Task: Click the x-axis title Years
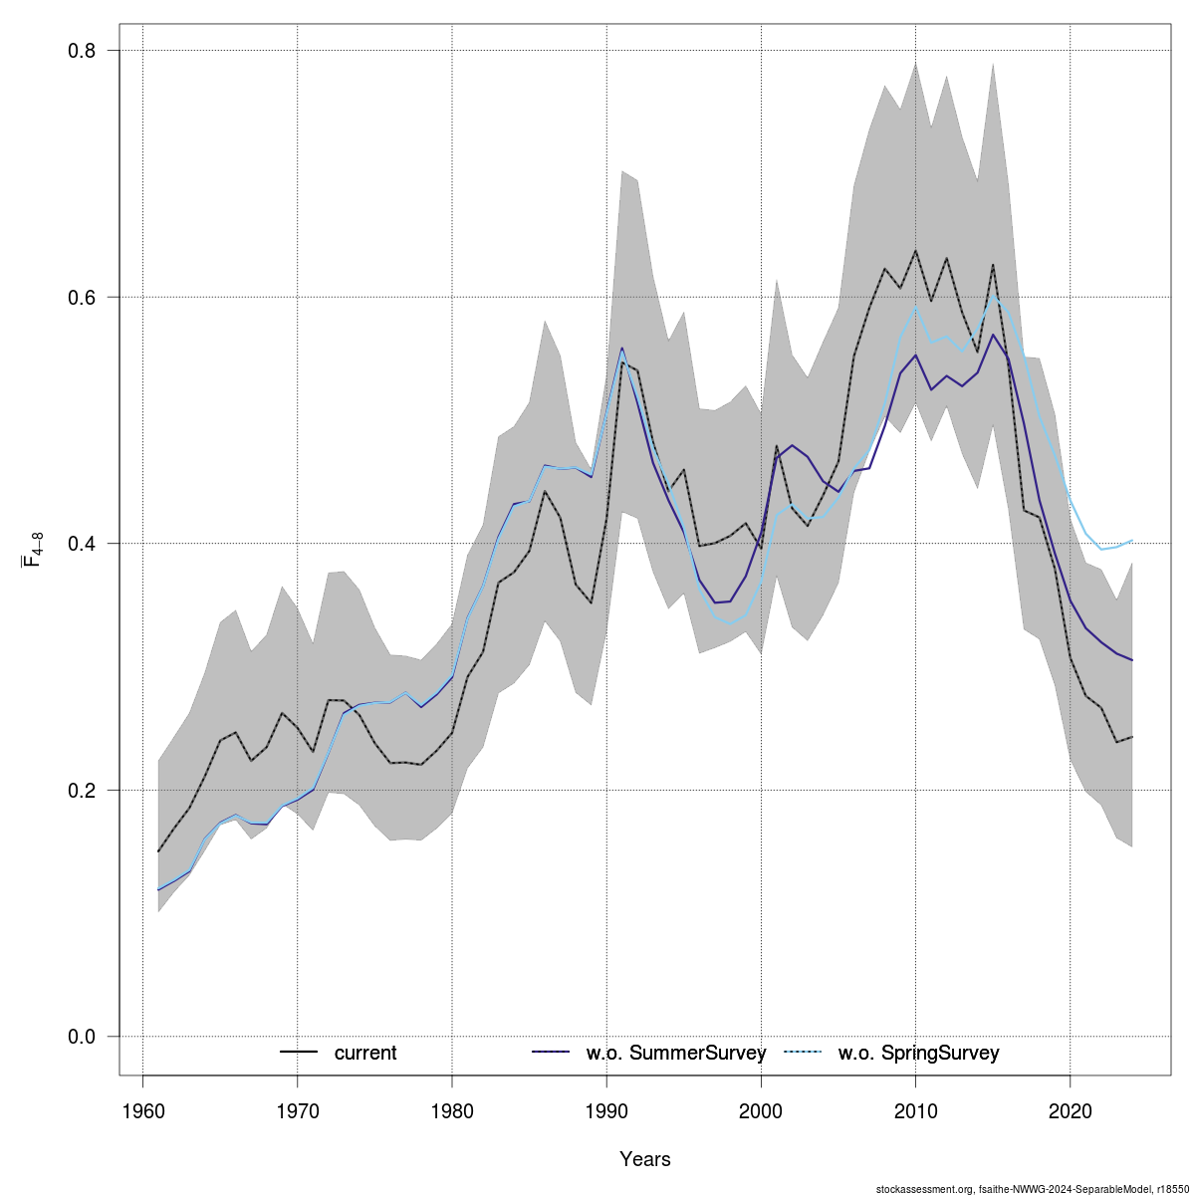pos(645,1159)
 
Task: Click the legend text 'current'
pos(365,1054)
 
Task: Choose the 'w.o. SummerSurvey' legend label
pos(675,1054)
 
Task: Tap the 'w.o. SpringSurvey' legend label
pos(918,1054)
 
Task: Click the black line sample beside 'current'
pos(299,1053)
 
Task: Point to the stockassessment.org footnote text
pos(1033,1189)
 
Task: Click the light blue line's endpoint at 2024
pos(1132,541)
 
